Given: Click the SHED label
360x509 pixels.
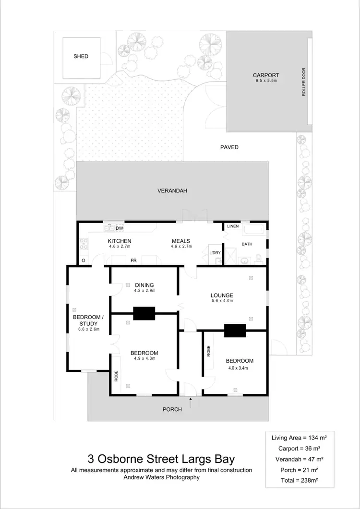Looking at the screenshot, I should [81, 57].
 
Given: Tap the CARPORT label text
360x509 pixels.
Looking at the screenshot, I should [266, 75].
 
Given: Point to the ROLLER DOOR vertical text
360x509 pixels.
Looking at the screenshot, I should [304, 82].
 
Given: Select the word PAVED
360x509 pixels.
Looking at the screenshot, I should [229, 147].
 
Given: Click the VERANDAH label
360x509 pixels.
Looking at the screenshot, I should [172, 191].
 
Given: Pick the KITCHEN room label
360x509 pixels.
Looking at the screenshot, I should [120, 241].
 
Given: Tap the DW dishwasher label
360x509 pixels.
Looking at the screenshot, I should [120, 228].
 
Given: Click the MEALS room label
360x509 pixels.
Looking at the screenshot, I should [181, 241].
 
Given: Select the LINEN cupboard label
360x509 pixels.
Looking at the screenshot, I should [233, 226].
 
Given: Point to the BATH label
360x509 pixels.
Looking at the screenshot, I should [247, 244].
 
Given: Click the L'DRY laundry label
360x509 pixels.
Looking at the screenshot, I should [214, 252].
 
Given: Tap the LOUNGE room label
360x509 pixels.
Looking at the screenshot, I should [221, 295].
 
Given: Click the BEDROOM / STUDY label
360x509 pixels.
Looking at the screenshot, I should [87, 320].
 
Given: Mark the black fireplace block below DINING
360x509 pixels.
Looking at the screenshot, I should [144, 313].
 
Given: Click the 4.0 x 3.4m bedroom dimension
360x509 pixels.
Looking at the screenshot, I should [240, 368].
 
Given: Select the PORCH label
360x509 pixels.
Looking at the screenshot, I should [172, 409].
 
